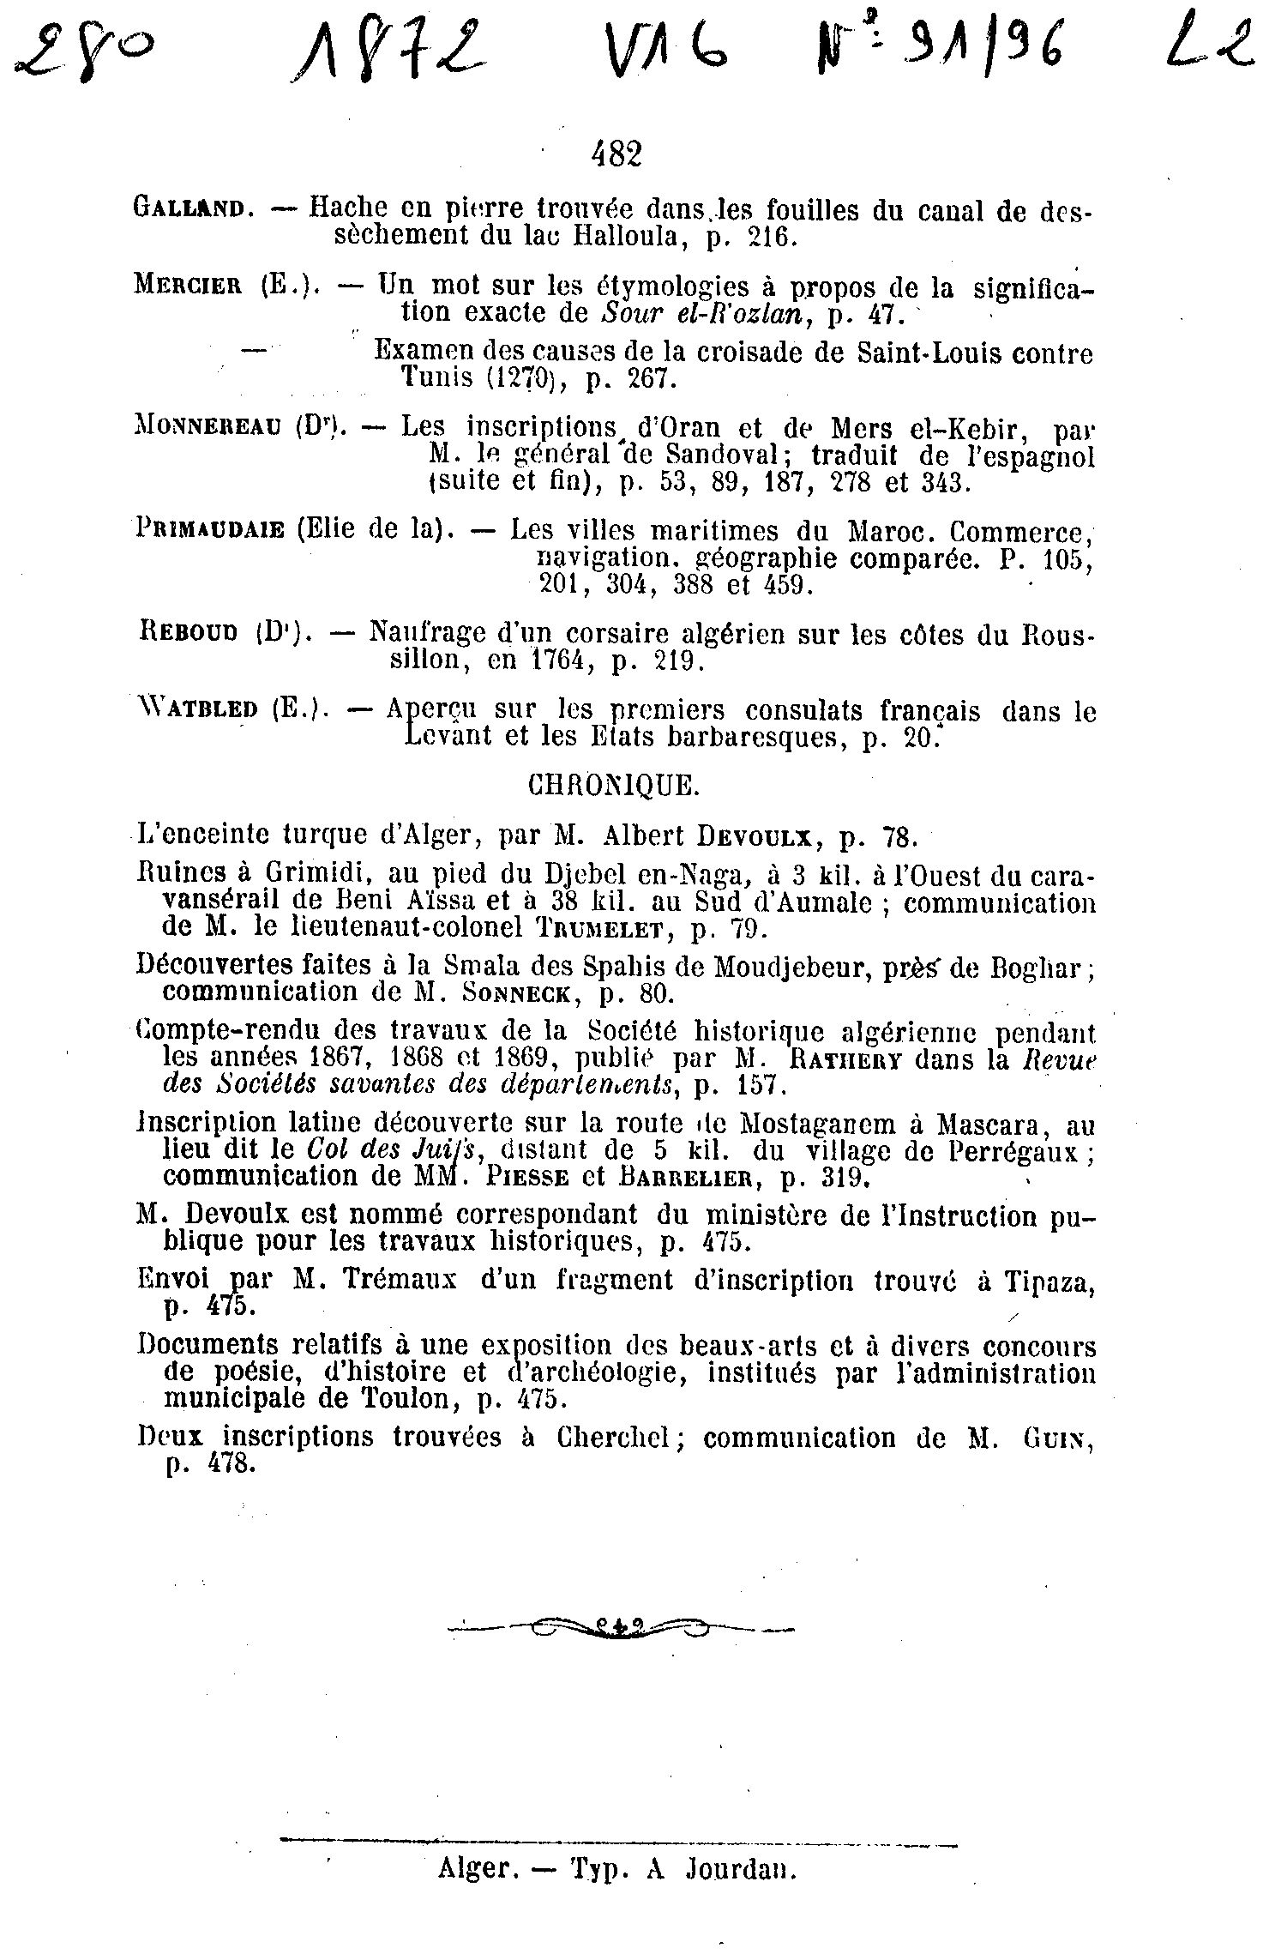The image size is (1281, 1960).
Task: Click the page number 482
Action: pyautogui.click(x=616, y=154)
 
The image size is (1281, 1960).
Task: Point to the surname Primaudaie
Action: pyautogui.click(x=209, y=530)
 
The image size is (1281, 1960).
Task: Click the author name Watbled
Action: pyautogui.click(x=197, y=710)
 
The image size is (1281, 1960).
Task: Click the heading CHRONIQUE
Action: pyautogui.click(x=613, y=786)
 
